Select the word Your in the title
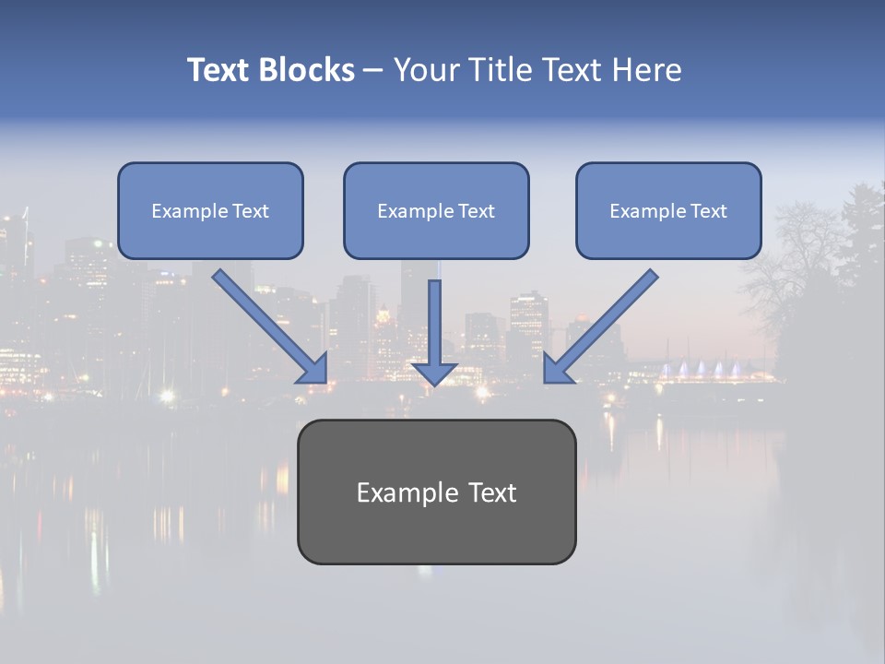tap(425, 70)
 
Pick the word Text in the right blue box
tap(708, 211)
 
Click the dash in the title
tap(373, 70)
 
